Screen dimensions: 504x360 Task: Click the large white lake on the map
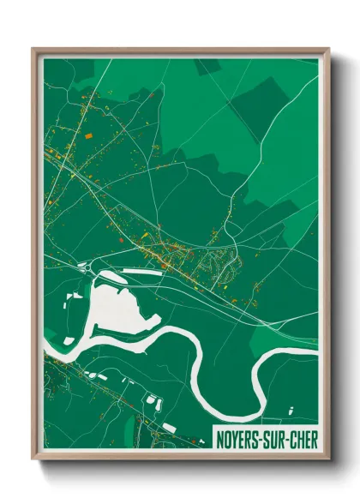click(116, 309)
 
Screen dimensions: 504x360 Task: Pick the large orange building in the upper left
click(87, 135)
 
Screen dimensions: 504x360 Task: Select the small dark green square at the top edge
click(206, 66)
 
